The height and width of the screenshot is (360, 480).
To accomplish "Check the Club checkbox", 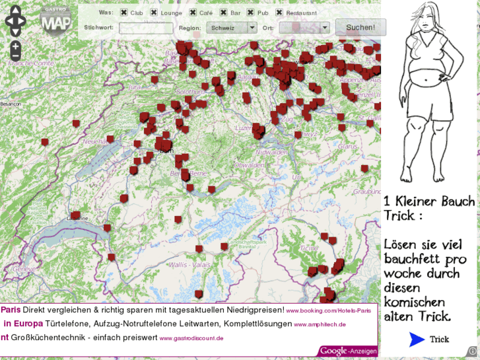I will click(124, 13).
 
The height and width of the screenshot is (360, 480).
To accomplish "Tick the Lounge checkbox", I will click(154, 13).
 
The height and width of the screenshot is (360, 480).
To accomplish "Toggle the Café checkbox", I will click(193, 13).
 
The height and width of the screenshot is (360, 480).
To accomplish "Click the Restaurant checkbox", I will click(279, 13).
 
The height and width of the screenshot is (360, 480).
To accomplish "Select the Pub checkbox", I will click(251, 13).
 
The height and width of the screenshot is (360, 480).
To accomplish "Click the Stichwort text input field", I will click(146, 28).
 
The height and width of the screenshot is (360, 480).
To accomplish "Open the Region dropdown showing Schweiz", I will click(231, 28).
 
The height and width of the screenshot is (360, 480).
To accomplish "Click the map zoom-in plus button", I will click(15, 47).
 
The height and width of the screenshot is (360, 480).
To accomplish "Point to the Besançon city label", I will click(11, 104).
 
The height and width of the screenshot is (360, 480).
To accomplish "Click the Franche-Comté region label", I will click(31, 63).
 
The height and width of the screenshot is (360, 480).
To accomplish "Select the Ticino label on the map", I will click(308, 248).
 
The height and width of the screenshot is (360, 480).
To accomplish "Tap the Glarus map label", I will click(347, 147).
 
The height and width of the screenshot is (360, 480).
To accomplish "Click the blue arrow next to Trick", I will click(417, 340).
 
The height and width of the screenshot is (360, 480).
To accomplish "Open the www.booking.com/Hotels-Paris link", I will click(328, 310).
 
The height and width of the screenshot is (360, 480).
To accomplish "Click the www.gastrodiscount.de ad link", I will click(191, 338).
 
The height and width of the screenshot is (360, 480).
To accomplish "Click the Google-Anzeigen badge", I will click(348, 351).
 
